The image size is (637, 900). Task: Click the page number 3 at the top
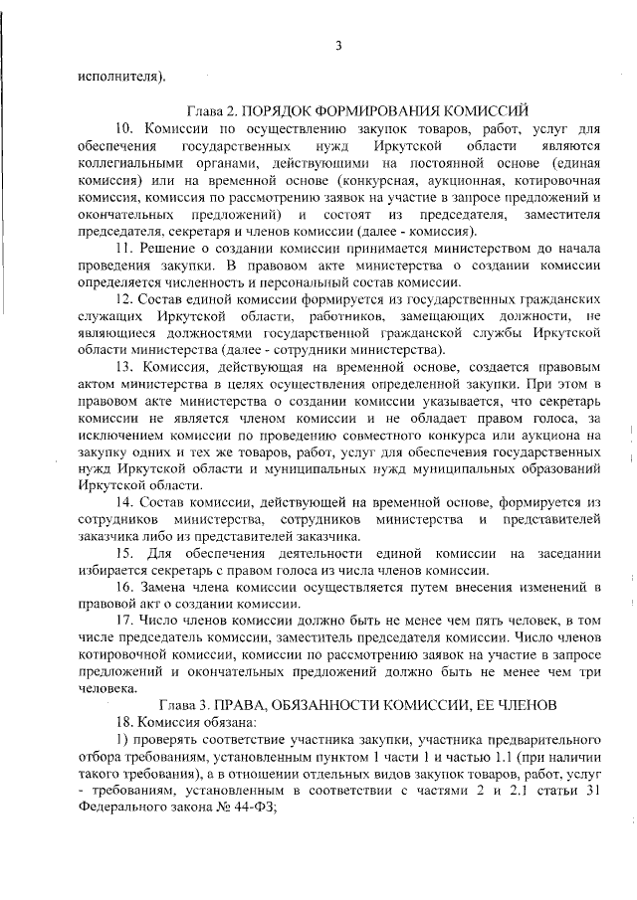338,46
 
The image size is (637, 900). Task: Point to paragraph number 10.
124,129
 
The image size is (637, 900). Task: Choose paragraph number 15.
124,552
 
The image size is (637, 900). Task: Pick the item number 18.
124,721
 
